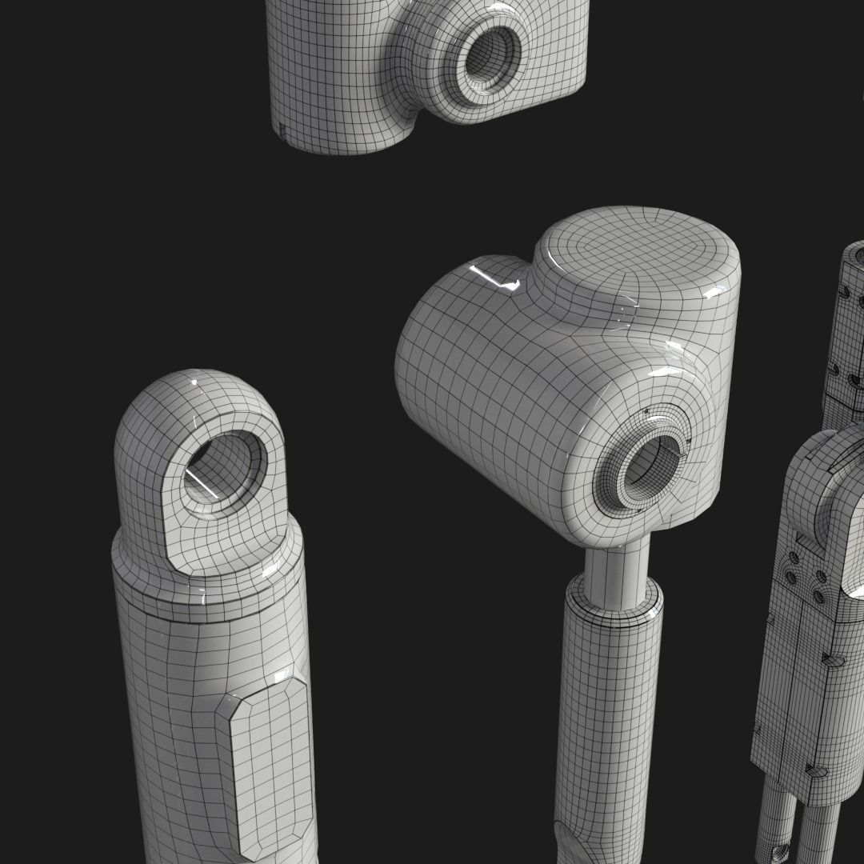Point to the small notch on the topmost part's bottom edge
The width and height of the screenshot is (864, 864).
[281, 130]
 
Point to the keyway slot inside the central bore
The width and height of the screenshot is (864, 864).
[679, 457]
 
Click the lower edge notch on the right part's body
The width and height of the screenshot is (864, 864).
[816, 772]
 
